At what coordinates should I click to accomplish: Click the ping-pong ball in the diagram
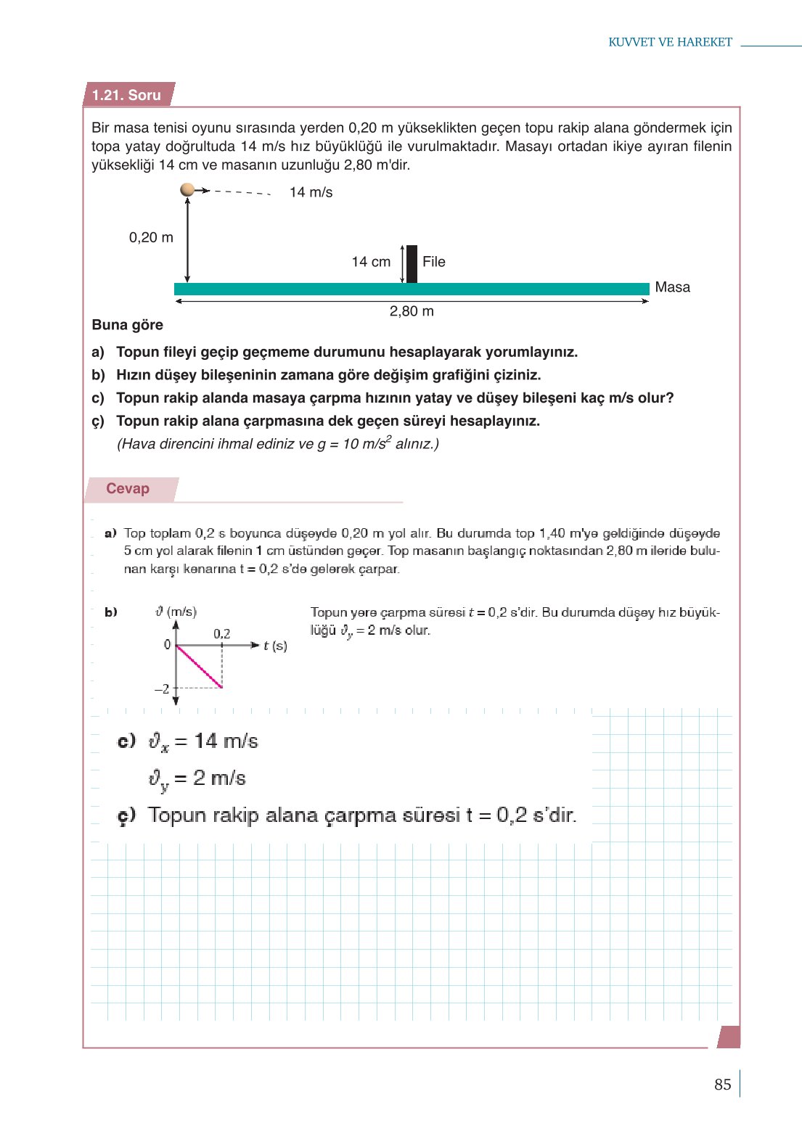click(x=187, y=189)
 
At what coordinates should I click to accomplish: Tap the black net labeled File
click(x=412, y=264)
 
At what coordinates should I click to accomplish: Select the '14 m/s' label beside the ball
click(x=311, y=192)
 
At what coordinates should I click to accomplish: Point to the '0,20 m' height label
click(x=151, y=237)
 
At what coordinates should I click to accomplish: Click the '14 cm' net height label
click(x=371, y=262)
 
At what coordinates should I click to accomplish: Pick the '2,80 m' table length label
click(x=412, y=311)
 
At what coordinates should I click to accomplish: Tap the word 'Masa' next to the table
click(x=672, y=287)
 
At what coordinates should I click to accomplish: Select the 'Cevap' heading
click(x=128, y=488)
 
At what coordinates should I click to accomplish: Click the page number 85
click(x=722, y=1085)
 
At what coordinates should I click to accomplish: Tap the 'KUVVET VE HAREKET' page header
click(x=670, y=42)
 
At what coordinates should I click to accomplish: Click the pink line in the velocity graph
click(x=200, y=666)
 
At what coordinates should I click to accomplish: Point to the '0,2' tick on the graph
click(x=222, y=634)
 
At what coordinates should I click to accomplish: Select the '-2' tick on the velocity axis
click(x=162, y=688)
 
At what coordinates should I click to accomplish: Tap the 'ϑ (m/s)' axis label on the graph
click(x=176, y=612)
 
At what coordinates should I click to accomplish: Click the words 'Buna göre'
click(x=128, y=325)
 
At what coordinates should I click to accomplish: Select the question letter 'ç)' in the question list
click(x=98, y=421)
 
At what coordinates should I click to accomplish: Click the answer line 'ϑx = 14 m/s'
click(x=203, y=741)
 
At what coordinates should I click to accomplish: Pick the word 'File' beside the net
click(x=434, y=262)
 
